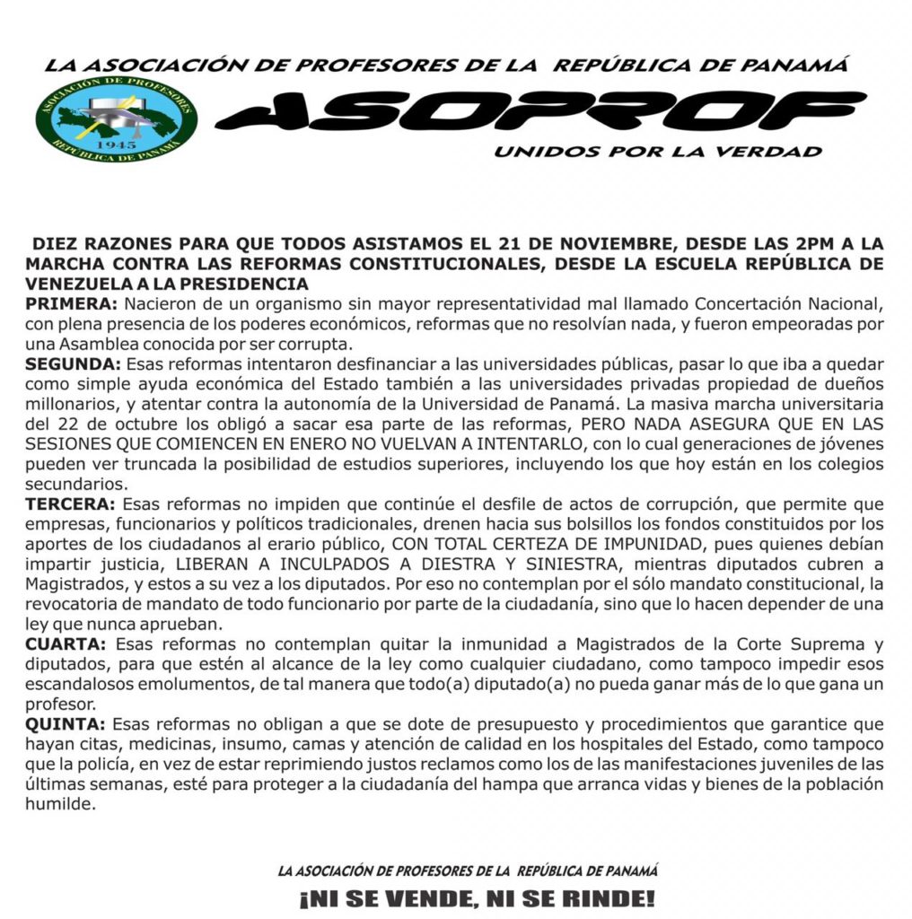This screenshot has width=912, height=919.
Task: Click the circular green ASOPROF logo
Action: (x=117, y=119)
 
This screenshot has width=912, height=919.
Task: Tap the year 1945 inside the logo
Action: (x=116, y=144)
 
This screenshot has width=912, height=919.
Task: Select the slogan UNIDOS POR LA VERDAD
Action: (x=657, y=152)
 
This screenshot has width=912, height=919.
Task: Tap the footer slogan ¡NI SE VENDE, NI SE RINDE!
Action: (x=476, y=898)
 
